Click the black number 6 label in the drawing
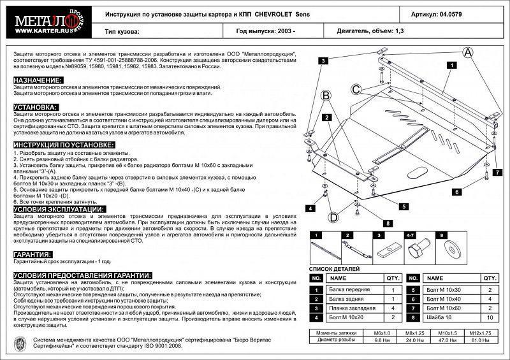pyautogui.click(x=456, y=191)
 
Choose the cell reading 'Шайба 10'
pyautogui.click(x=439, y=317)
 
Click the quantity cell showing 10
pyautogui.click(x=489, y=317)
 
